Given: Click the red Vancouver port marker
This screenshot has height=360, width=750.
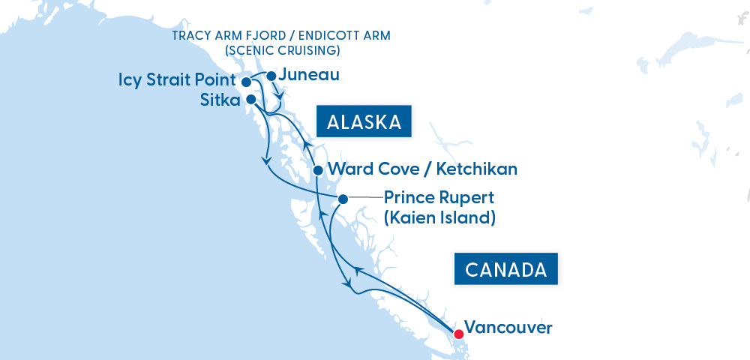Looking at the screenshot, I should [458, 329].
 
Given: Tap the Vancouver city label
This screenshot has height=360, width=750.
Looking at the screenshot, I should [508, 328].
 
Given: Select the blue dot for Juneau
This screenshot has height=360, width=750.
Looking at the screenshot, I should [271, 76].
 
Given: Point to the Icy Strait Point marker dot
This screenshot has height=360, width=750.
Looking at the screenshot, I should [245, 81].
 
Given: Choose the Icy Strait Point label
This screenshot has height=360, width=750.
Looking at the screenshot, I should [177, 80].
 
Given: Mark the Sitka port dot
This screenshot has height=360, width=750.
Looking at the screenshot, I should [251, 99].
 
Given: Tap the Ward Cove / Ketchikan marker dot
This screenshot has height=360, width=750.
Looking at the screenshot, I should [317, 169].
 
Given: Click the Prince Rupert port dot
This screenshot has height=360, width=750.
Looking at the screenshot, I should [343, 199].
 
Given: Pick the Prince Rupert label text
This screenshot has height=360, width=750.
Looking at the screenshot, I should [439, 199].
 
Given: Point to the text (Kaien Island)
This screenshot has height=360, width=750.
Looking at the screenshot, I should [439, 218].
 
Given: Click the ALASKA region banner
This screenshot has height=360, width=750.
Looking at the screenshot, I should [364, 122].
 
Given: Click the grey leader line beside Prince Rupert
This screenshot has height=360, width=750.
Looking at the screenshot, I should [364, 198].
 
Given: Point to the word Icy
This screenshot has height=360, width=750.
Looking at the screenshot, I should [131, 80].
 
